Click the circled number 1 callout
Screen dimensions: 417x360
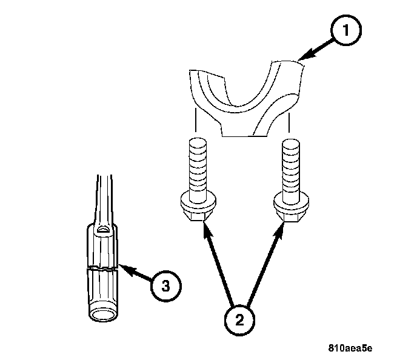346,30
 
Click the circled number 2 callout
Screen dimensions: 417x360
239,320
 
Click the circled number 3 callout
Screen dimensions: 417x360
165,286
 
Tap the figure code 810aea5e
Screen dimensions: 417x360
350,348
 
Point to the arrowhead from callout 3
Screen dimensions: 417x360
126,270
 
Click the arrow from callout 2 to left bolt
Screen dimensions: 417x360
218,263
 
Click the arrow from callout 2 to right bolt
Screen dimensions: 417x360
265,264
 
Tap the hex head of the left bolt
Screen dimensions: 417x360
198,215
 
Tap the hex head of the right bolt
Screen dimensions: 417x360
291,215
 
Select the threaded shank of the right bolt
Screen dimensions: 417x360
291,168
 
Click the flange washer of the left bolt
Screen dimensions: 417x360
198,203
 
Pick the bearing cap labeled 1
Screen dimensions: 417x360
246,98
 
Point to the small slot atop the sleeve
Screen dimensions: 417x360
103,229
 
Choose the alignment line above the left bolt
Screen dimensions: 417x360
196,120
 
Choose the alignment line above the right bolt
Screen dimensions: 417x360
289,122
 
